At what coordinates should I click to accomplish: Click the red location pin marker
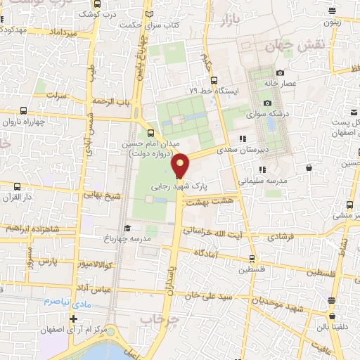pyautogui.click(x=181, y=165)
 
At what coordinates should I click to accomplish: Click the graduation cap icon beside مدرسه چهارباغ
pyautogui.click(x=127, y=229)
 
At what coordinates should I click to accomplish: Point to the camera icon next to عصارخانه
pyautogui.click(x=280, y=72)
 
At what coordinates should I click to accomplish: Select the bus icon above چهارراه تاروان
pyautogui.click(x=24, y=110)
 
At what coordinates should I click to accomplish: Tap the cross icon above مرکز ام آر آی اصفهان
pyautogui.click(x=73, y=319)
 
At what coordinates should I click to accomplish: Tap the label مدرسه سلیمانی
pyautogui.click(x=278, y=180)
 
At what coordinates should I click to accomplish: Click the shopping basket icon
pyautogui.click(x=310, y=168)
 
